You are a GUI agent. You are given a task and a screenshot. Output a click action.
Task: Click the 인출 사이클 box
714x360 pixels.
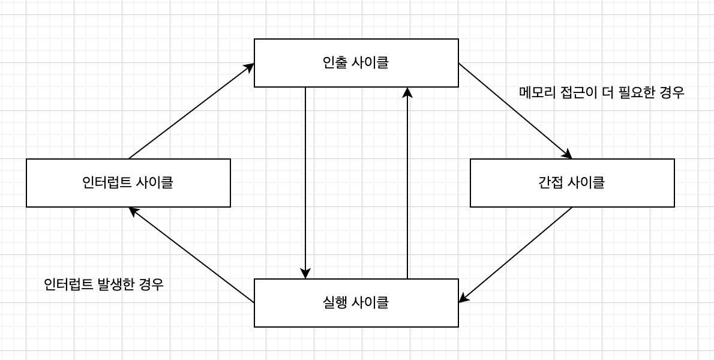pyautogui.click(x=356, y=63)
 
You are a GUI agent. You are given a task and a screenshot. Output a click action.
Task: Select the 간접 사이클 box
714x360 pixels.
pyautogui.click(x=572, y=183)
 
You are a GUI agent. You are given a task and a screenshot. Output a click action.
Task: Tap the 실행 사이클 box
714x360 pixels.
pyautogui.click(x=356, y=303)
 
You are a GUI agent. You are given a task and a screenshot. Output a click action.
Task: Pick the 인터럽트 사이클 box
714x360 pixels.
pyautogui.click(x=128, y=183)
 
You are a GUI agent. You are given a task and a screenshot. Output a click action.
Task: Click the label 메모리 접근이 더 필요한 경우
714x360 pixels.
pyautogui.click(x=601, y=92)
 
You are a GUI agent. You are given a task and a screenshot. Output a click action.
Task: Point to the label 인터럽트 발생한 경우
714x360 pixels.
pyautogui.click(x=104, y=284)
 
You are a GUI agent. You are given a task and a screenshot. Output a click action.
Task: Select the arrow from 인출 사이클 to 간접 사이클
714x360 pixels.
pyautogui.click(x=515, y=110)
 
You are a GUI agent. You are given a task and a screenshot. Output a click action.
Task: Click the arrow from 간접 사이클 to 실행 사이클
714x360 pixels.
pyautogui.click(x=516, y=254)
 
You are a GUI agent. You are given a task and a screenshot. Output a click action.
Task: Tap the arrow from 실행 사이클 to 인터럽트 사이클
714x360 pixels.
pyautogui.click(x=192, y=255)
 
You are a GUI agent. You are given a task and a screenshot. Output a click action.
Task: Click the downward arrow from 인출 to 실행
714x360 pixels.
pyautogui.click(x=305, y=180)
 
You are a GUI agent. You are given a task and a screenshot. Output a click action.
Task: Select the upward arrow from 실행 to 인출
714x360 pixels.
pyautogui.click(x=407, y=180)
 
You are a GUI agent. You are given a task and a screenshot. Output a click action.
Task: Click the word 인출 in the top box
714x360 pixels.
pyautogui.click(x=334, y=63)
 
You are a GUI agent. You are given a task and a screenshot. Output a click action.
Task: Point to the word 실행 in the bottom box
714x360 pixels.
pyautogui.click(x=334, y=303)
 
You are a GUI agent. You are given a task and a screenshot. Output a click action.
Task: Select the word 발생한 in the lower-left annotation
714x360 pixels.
pyautogui.click(x=116, y=284)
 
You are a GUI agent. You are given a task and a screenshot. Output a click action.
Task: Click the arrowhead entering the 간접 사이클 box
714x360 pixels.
pyautogui.click(x=567, y=155)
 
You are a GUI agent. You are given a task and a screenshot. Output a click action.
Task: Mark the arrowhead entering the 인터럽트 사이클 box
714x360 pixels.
pyautogui.click(x=133, y=211)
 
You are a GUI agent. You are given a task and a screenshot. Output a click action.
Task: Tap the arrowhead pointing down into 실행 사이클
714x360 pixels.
pyautogui.click(x=305, y=274)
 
